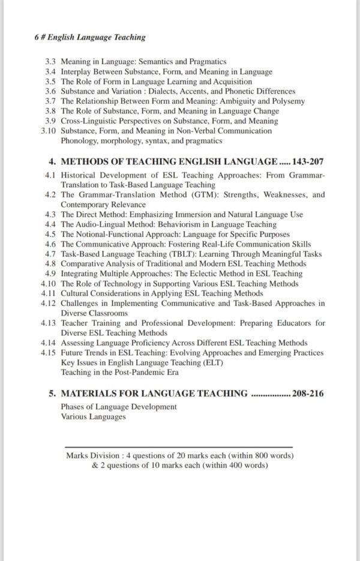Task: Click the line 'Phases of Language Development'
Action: point(119,407)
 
